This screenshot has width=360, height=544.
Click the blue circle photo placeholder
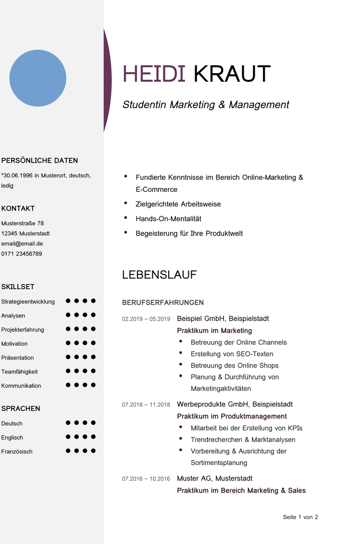(x=38, y=78)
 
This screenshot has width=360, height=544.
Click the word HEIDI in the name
(x=154, y=74)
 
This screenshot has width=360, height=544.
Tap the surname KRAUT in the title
(x=232, y=74)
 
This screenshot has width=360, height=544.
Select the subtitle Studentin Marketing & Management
(x=206, y=104)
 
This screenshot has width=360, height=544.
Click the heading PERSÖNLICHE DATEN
(x=39, y=161)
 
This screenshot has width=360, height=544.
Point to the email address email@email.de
(x=22, y=243)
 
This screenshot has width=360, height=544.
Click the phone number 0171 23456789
(x=22, y=253)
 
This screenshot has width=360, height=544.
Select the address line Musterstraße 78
(x=23, y=223)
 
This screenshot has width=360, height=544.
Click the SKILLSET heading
(x=18, y=287)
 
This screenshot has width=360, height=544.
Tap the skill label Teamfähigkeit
(x=19, y=372)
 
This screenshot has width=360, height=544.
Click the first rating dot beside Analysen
(x=68, y=315)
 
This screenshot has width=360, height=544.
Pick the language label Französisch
(x=17, y=452)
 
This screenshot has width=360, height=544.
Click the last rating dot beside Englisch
(x=93, y=437)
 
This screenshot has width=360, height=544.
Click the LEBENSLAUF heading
(x=159, y=275)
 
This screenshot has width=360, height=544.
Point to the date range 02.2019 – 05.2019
(x=146, y=319)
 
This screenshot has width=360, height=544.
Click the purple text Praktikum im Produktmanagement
(x=232, y=416)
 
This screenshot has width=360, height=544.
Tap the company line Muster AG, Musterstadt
(x=214, y=479)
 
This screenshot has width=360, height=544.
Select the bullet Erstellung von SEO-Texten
(x=232, y=354)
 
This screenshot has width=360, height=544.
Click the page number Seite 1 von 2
(x=300, y=517)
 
